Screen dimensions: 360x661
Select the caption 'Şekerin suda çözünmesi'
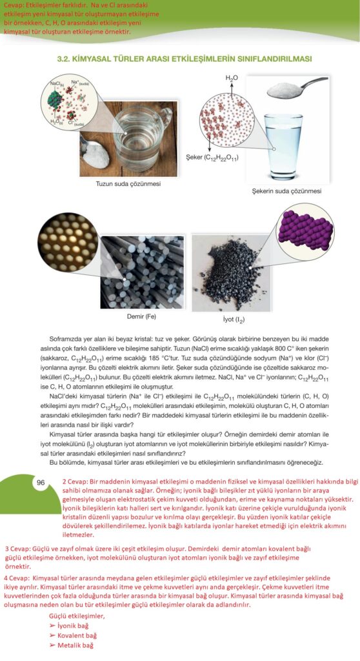coord(288,191)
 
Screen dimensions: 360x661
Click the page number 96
coord(41,482)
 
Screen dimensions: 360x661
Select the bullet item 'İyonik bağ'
coord(72,626)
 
